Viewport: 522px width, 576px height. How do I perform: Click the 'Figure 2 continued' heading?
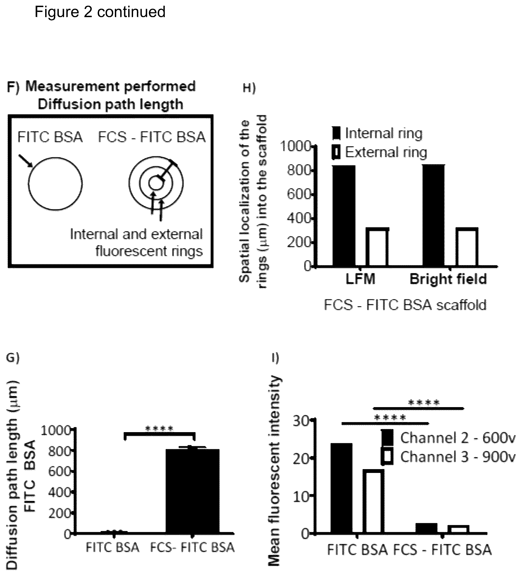(x=100, y=12)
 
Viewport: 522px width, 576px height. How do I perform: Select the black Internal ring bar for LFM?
(x=344, y=216)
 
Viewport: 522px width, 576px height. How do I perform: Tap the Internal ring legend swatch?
(x=337, y=133)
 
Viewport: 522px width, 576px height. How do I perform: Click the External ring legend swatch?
(x=337, y=152)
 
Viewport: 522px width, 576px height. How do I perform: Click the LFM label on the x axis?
(x=360, y=279)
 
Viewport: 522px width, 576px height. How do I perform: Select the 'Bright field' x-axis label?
(x=448, y=279)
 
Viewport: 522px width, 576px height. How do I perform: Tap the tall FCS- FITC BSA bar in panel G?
(x=193, y=491)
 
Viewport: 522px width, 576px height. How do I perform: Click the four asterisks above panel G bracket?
(x=159, y=429)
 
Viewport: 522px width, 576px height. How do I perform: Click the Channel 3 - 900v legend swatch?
(x=387, y=457)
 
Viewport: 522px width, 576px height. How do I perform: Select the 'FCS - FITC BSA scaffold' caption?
(x=405, y=305)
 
